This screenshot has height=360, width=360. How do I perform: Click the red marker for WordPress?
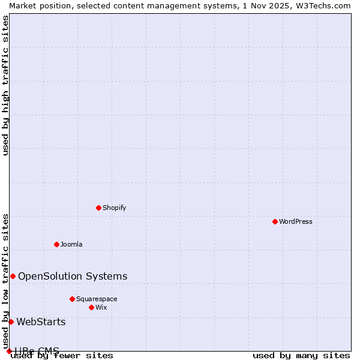[x=275, y=221]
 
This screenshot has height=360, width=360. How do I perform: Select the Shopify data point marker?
[x=98, y=208]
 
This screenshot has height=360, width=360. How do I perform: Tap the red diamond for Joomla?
[x=56, y=244]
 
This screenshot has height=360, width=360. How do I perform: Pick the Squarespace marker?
[x=72, y=299]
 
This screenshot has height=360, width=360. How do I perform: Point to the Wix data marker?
[x=91, y=307]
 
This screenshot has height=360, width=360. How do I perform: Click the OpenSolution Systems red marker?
[x=13, y=276]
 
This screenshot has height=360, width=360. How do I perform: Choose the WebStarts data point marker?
[x=11, y=322]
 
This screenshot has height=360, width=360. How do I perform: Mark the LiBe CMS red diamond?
[x=9, y=351]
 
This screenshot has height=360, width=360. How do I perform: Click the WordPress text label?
[x=296, y=221]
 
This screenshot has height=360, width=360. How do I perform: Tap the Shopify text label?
[x=114, y=208]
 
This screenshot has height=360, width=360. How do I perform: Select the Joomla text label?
[x=71, y=244]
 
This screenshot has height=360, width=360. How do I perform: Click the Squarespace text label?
[x=97, y=299]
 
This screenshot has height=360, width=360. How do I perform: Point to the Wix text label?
[x=101, y=307]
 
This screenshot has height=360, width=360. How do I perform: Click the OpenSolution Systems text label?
[x=73, y=276]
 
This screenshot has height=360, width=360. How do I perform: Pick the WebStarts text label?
[x=41, y=322]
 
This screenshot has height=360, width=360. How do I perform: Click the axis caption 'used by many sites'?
[x=301, y=356]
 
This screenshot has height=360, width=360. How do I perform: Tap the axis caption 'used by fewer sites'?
[x=62, y=356]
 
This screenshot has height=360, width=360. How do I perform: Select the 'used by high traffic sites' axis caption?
[x=5, y=85]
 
